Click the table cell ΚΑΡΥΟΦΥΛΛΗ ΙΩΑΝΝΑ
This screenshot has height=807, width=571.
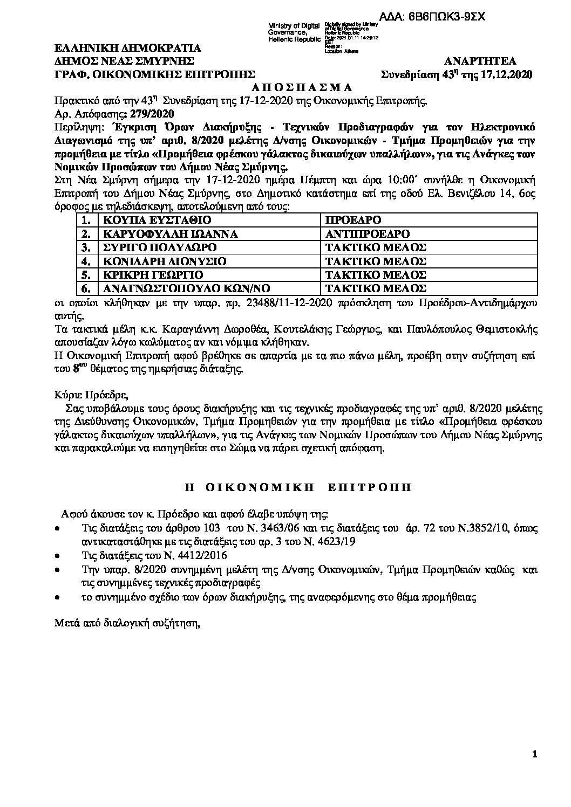pos(166,234)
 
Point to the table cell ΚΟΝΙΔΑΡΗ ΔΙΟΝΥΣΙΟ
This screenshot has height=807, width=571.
pos(158,261)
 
